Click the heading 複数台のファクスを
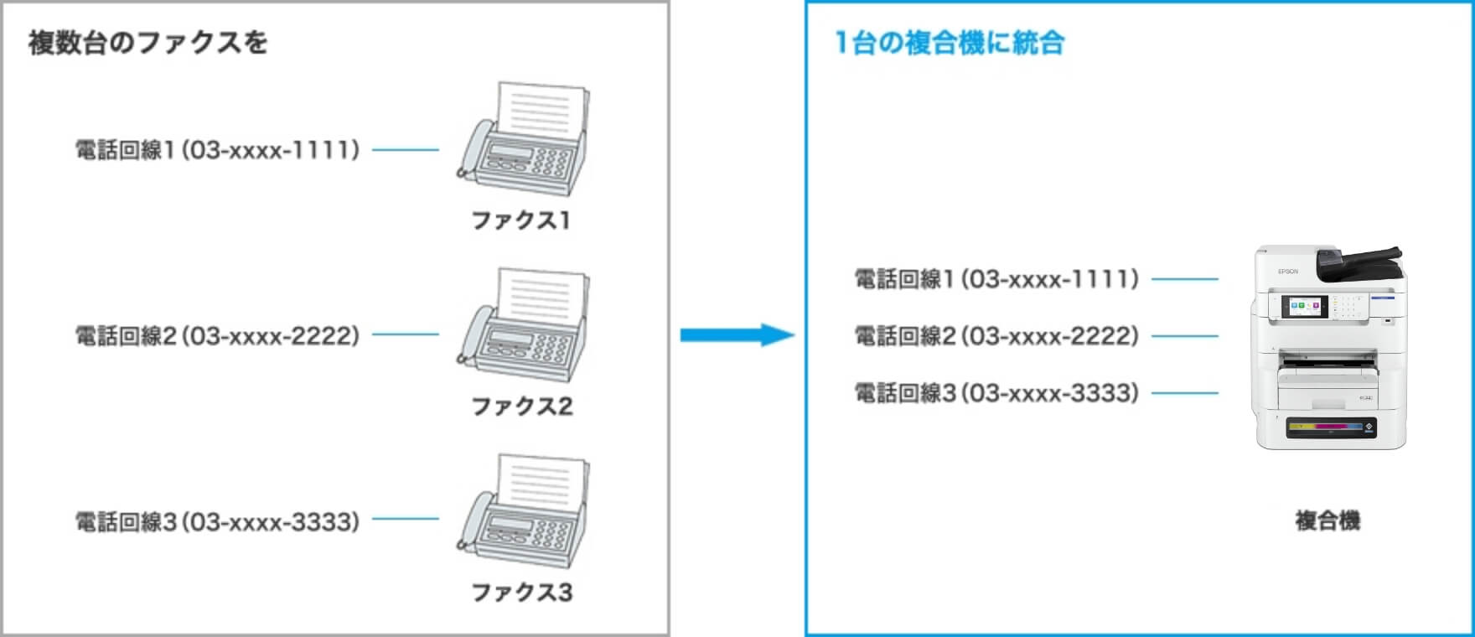click(x=147, y=43)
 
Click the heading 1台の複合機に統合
click(x=950, y=43)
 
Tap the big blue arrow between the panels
click(x=736, y=335)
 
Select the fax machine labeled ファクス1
click(x=525, y=141)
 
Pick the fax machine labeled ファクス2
click(x=525, y=327)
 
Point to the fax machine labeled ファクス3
click(x=525, y=513)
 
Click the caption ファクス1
click(x=520, y=220)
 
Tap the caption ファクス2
click(x=521, y=407)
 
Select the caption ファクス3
click(x=521, y=593)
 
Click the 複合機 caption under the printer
click(x=1327, y=520)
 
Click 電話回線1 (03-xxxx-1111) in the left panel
click(x=217, y=150)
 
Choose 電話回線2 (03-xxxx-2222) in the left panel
click(x=217, y=335)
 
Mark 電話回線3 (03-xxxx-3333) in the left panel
click(x=217, y=521)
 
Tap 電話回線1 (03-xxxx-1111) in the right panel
click(x=996, y=278)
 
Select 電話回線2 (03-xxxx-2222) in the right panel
click(x=996, y=335)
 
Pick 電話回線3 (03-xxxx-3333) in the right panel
click(x=996, y=392)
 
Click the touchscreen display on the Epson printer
click(x=1305, y=308)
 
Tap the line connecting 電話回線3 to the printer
click(x=1185, y=392)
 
